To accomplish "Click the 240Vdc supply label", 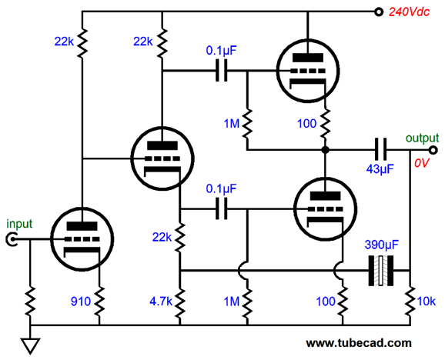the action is [409, 12].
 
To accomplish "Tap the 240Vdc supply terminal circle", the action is [379, 12].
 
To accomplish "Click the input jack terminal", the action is [12, 239].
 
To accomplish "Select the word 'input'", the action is [19, 224].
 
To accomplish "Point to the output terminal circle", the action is [433, 150].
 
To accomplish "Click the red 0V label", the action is [422, 163].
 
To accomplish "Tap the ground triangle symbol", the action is [30, 345].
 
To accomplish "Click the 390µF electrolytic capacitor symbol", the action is [381, 271].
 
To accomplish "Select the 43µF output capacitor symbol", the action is [380, 149].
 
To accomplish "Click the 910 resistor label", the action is [81, 302].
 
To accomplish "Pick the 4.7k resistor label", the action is [161, 302].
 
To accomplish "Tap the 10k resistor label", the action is [427, 302].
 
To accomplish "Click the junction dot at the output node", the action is [325, 150].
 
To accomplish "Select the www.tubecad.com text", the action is [359, 343].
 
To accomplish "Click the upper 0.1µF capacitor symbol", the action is [222, 71].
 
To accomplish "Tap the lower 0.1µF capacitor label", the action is [222, 189].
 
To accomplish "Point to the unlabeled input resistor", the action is [30, 302].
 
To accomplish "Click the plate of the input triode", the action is [82, 226].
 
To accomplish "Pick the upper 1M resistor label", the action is [232, 124].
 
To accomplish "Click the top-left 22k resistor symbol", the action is [82, 42].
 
